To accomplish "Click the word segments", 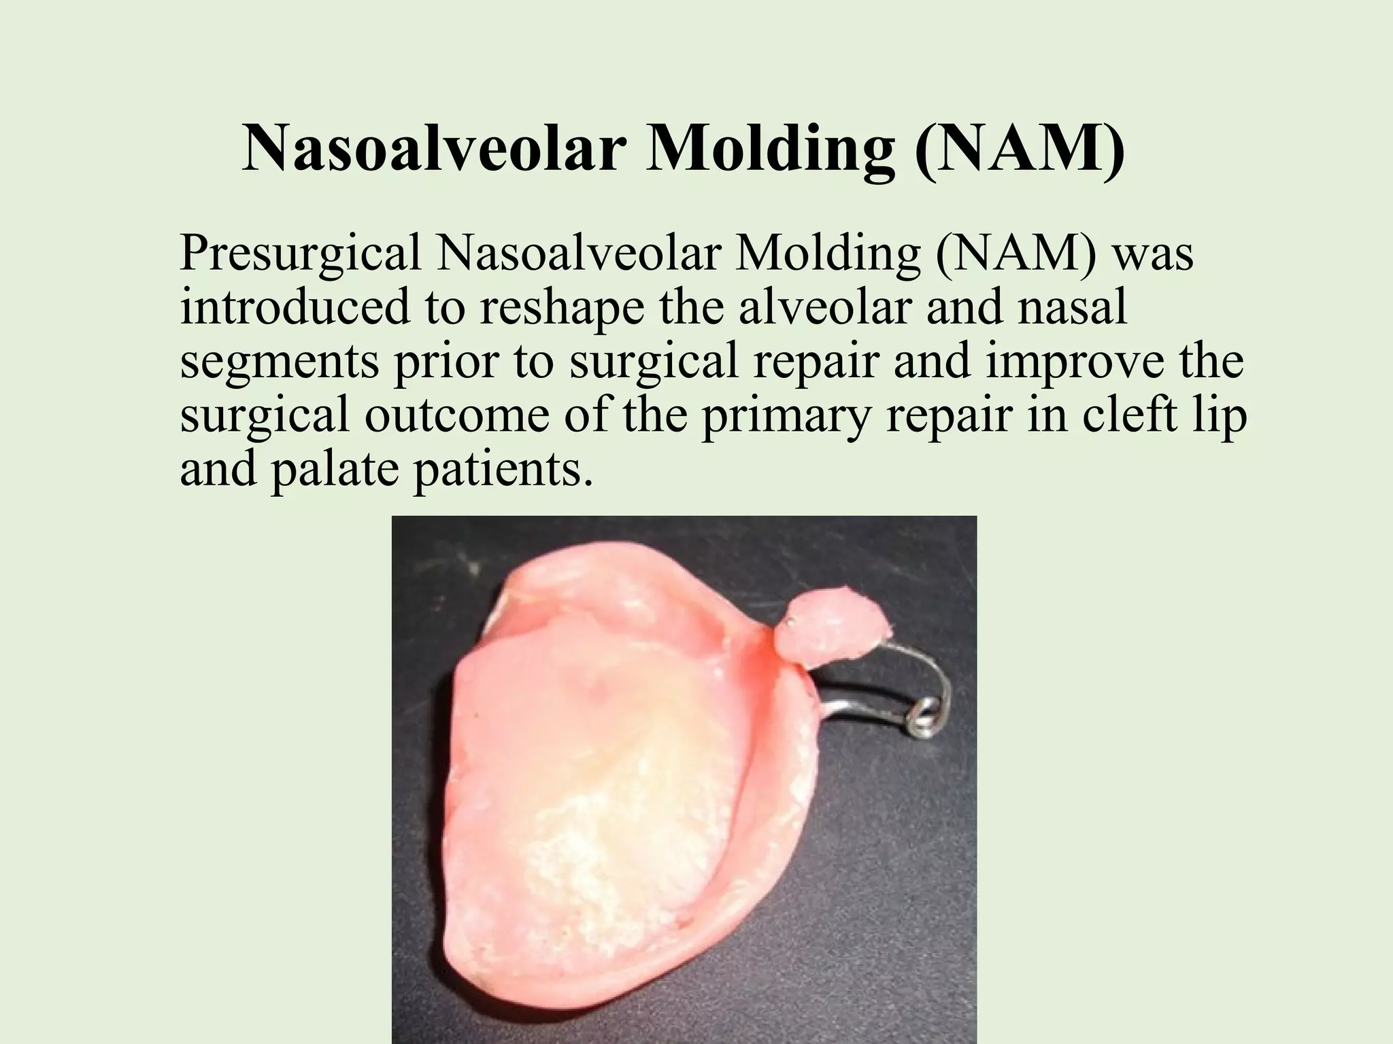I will click(280, 361).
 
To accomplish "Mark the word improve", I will click(1085, 361).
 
